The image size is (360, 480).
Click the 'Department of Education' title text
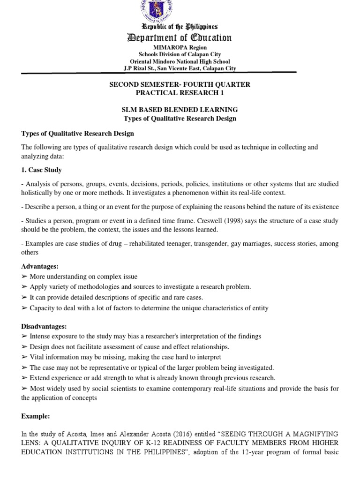point(180,38)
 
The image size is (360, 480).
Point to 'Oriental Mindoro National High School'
point(180,62)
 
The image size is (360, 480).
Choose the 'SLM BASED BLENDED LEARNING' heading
point(180,110)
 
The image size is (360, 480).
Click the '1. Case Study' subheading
point(41,170)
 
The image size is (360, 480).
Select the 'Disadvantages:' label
point(45,326)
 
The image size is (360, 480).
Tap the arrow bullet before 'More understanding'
point(24,277)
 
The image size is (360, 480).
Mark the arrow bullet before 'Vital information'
point(24,357)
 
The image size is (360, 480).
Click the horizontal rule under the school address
point(180,72)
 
